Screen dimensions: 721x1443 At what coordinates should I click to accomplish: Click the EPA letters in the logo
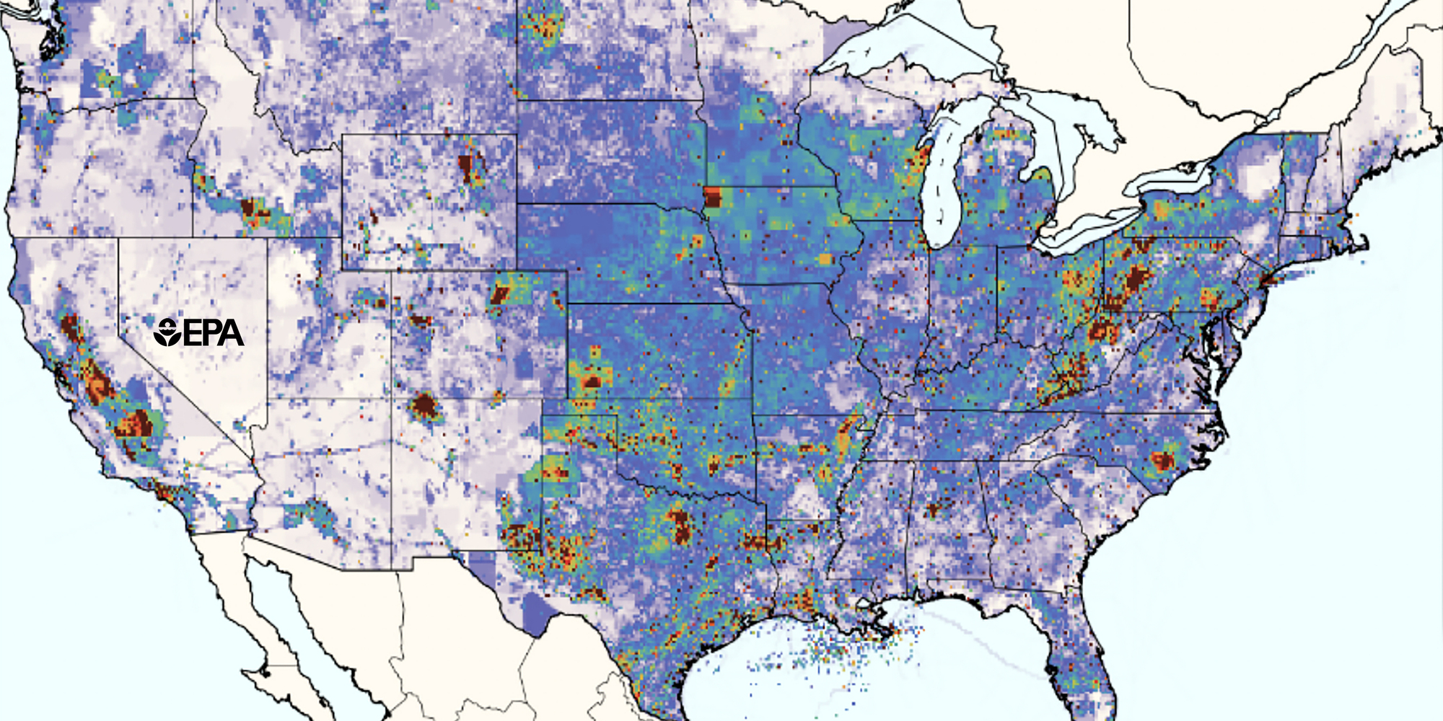tap(214, 332)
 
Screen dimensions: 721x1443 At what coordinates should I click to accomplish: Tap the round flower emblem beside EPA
tap(167, 332)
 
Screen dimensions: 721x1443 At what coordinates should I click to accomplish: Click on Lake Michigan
tap(942, 187)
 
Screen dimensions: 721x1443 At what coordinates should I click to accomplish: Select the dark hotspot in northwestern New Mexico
tap(424, 407)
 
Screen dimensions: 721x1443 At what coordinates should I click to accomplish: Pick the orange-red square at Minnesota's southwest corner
tap(713, 197)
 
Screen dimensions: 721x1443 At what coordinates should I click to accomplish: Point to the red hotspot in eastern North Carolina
tap(1162, 460)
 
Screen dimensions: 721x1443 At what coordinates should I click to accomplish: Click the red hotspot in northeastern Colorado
tap(500, 293)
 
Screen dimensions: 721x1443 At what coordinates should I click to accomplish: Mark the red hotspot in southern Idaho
tap(253, 211)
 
